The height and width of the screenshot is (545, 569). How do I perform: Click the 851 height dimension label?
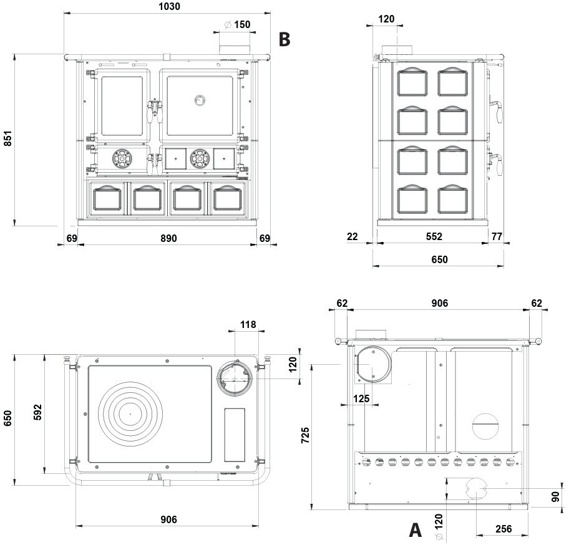click(x=8, y=138)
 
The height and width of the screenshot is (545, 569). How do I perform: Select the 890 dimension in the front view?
click(x=168, y=238)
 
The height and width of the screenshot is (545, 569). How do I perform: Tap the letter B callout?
click(x=284, y=39)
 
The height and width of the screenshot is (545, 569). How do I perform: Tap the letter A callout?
click(x=415, y=530)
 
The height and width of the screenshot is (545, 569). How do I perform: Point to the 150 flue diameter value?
click(x=242, y=25)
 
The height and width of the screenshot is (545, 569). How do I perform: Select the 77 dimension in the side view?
click(x=497, y=236)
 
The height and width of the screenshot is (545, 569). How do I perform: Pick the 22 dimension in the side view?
click(x=353, y=236)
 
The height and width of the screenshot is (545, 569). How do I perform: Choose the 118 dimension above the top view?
click(x=248, y=324)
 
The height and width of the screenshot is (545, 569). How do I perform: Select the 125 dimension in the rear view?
click(x=361, y=398)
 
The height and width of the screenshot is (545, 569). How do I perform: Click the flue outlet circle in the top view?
click(x=236, y=377)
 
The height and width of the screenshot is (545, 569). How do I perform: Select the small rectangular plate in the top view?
click(x=234, y=435)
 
